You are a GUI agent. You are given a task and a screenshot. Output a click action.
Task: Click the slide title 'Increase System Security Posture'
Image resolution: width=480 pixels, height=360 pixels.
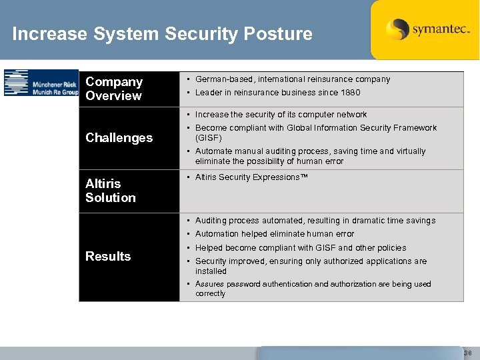click(x=162, y=34)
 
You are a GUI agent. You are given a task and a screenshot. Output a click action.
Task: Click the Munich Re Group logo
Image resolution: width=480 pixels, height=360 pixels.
click(x=41, y=83)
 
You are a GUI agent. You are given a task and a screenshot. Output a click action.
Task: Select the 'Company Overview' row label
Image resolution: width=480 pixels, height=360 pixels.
click(x=114, y=89)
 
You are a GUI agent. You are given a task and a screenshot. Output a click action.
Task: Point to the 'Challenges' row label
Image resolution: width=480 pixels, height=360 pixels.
click(x=119, y=138)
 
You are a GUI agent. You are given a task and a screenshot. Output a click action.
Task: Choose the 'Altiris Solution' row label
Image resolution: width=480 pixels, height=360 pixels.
click(x=111, y=191)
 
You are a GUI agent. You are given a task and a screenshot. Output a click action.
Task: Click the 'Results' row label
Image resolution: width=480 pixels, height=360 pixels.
click(x=108, y=257)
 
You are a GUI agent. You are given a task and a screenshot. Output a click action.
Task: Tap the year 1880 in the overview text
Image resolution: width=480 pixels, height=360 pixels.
click(x=349, y=93)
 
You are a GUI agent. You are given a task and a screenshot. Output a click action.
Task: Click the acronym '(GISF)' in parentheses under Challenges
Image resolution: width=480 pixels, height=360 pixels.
click(x=209, y=138)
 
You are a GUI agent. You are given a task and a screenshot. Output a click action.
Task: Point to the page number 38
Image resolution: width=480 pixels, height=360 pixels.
click(x=467, y=353)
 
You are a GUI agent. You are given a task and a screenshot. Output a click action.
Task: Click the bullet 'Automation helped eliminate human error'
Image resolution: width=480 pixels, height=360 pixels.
click(x=274, y=234)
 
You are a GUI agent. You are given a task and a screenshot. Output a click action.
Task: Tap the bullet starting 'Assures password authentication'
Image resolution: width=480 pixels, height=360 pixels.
click(x=313, y=284)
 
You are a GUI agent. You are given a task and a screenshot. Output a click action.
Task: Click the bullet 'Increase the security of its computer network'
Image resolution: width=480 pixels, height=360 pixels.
click(x=281, y=115)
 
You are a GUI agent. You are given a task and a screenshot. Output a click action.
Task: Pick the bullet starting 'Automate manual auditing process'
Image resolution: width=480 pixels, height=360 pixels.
click(x=310, y=151)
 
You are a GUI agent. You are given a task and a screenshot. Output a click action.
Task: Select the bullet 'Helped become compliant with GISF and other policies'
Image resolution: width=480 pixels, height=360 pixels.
click(x=300, y=248)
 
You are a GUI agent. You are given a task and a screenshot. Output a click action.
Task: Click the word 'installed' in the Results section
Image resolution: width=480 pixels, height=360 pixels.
click(x=211, y=271)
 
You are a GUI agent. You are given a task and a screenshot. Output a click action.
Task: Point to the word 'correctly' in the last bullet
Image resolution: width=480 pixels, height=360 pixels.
click(x=211, y=293)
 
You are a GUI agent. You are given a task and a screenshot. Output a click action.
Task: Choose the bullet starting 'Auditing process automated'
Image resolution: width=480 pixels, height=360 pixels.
click(x=315, y=221)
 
